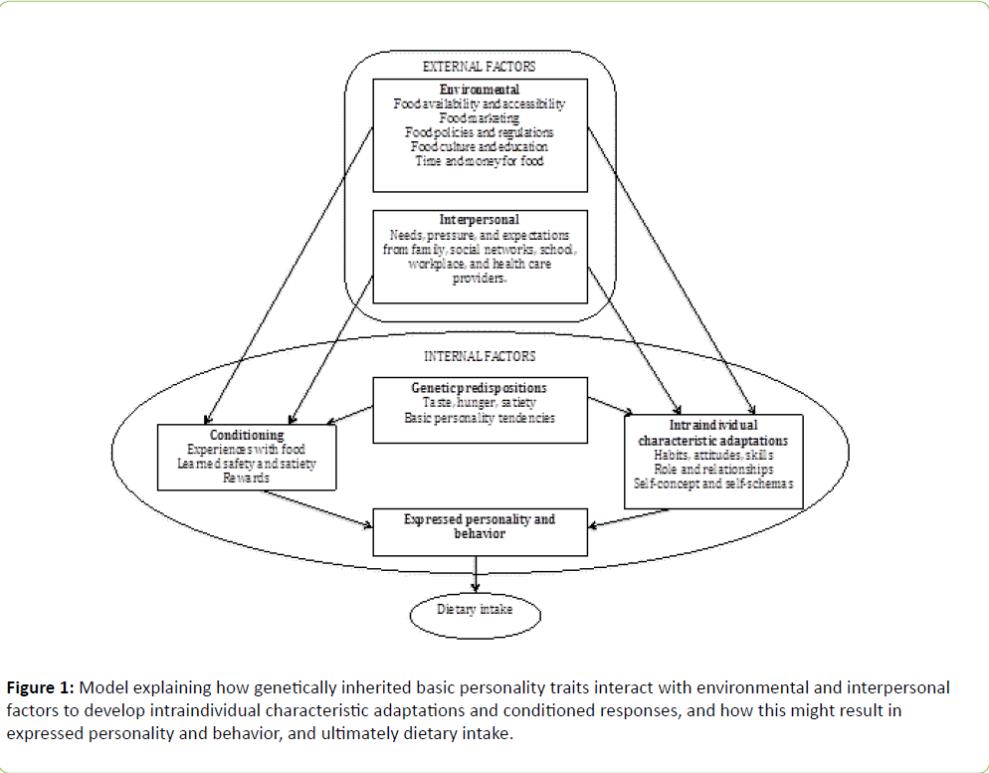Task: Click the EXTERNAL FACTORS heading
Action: [479, 67]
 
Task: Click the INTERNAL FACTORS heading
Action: [480, 355]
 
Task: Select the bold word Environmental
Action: [480, 90]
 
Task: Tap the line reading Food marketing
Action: [480, 117]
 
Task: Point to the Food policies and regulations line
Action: [480, 131]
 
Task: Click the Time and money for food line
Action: [480, 160]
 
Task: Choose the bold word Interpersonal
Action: [479, 220]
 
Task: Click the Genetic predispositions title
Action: [480, 387]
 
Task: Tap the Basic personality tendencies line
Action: [480, 418]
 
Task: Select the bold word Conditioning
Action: [247, 435]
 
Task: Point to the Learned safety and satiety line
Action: [246, 464]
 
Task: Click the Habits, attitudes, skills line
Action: [712, 455]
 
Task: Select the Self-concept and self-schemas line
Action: [712, 483]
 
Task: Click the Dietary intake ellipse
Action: [475, 609]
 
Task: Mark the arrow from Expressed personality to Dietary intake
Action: [477, 572]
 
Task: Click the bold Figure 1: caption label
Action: [41, 687]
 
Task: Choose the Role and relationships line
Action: [712, 470]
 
